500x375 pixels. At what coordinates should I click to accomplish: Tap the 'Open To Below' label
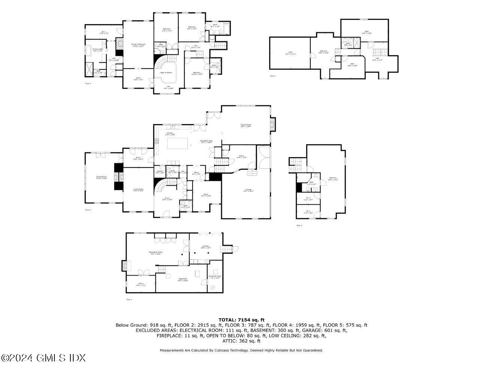[166, 72]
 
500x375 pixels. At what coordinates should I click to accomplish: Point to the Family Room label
[246, 125]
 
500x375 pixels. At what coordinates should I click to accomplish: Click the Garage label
[249, 190]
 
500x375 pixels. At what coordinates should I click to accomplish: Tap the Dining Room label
[101, 177]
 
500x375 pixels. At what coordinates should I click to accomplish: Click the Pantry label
[159, 172]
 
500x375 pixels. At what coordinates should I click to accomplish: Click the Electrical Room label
[215, 277]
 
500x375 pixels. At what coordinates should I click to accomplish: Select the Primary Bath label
[98, 49]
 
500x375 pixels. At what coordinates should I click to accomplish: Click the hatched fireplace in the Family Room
[273, 124]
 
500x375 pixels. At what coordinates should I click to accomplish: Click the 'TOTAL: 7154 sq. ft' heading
[241, 320]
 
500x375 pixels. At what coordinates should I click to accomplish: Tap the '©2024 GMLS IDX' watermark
[43, 358]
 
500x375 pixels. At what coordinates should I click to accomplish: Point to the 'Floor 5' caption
[272, 76]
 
